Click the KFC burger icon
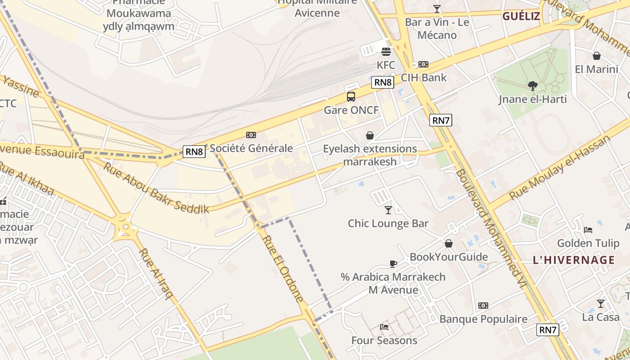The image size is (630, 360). (x=386, y=51)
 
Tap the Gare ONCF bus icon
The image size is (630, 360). (x=351, y=96)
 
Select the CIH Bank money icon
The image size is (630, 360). (x=423, y=64)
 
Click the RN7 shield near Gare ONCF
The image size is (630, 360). (x=441, y=120)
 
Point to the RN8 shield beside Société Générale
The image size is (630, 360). (x=194, y=152)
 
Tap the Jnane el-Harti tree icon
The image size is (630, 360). (x=533, y=85)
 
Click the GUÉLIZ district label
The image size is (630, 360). (x=521, y=17)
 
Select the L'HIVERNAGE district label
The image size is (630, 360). (x=574, y=260)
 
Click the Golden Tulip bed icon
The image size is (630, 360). (x=588, y=229)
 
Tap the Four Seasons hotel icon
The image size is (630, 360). (x=384, y=327)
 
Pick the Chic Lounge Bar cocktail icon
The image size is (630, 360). (x=388, y=210)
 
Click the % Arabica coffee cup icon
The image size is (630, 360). (x=393, y=264)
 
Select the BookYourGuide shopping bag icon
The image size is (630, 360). (x=449, y=243)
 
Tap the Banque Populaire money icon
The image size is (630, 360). (x=483, y=306)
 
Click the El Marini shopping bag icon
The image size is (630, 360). (x=597, y=56)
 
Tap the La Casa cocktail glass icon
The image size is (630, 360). (x=601, y=304)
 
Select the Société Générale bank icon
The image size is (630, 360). (x=251, y=135)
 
